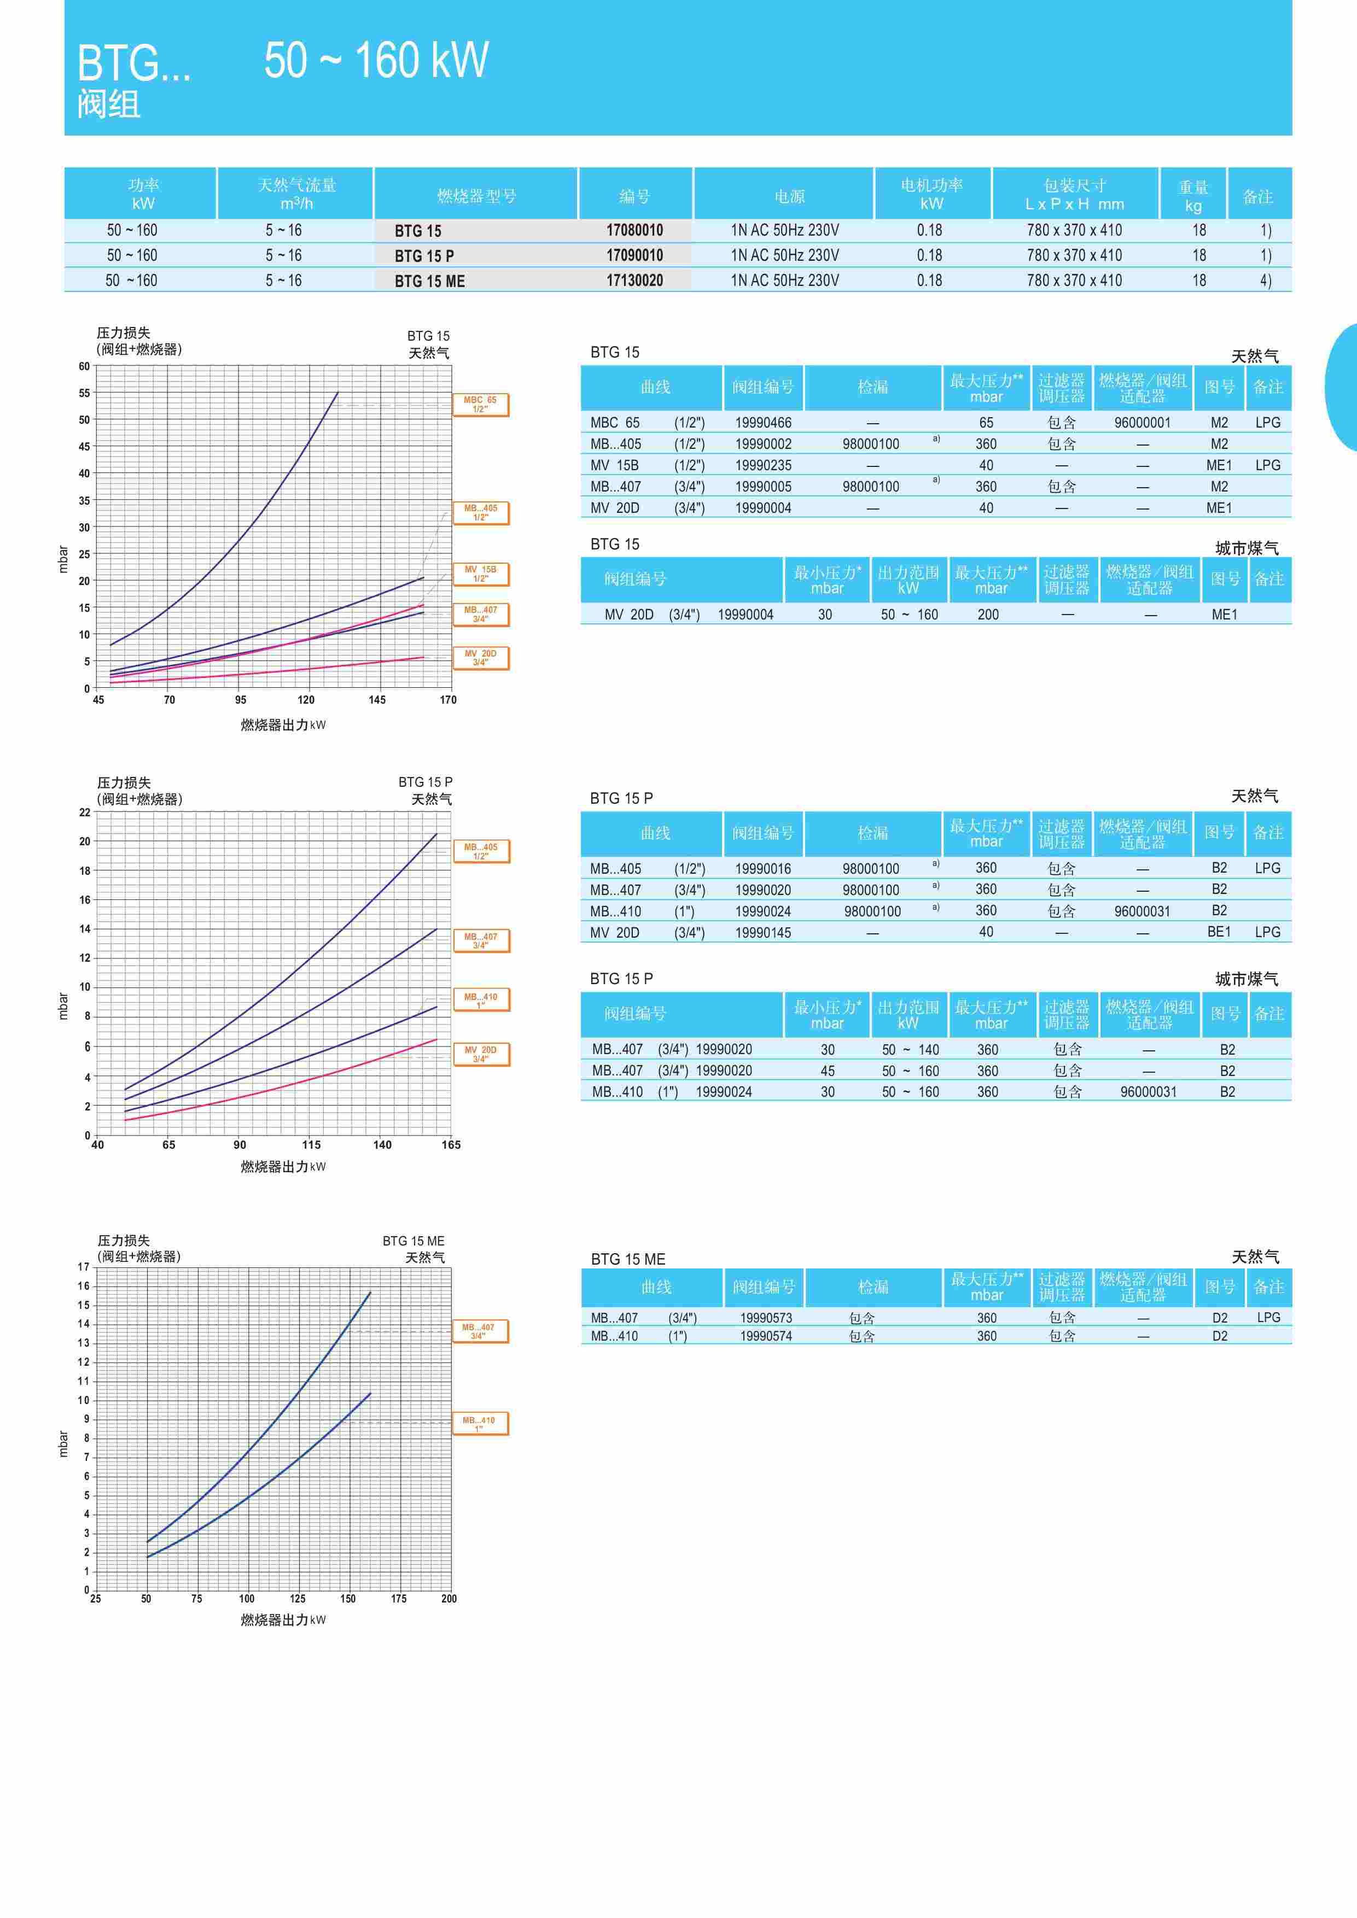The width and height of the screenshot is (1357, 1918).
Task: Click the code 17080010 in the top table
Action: [x=634, y=230]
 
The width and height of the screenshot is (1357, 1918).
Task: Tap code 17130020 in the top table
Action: [x=634, y=280]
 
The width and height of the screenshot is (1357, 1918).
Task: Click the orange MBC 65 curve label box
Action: [x=480, y=404]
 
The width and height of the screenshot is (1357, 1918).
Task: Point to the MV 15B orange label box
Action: [x=480, y=574]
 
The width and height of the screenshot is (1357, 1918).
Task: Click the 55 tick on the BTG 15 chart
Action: [x=84, y=393]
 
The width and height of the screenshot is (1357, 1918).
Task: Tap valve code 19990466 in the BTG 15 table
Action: [x=763, y=423]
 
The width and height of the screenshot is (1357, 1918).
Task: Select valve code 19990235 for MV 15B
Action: [x=763, y=465]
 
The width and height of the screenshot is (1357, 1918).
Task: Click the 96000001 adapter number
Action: [x=1142, y=423]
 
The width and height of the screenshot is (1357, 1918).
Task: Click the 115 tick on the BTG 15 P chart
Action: [x=311, y=1144]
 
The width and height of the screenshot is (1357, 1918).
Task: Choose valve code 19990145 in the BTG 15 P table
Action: [x=763, y=932]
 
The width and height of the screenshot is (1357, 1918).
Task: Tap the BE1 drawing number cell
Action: [x=1219, y=932]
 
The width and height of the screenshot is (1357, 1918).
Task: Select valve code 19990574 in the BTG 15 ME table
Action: [x=765, y=1336]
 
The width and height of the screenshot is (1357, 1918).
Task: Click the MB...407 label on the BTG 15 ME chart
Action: [x=478, y=1331]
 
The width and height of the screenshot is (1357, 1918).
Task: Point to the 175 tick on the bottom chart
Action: [x=399, y=1599]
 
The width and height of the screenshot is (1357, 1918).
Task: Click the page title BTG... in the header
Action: [x=133, y=63]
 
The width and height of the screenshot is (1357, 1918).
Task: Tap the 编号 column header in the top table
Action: [x=634, y=196]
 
